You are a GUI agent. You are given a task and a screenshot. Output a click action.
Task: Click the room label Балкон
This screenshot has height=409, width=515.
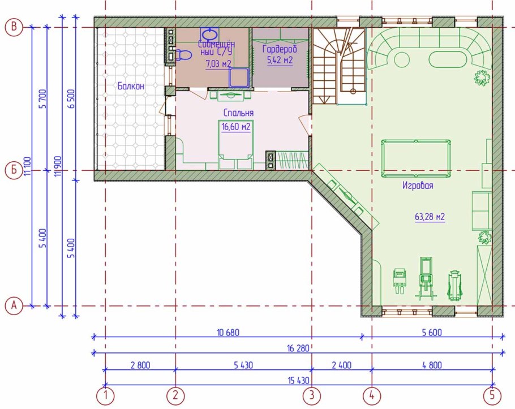point(131,87)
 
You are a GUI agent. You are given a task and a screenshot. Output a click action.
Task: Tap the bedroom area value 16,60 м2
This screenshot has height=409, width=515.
point(236,127)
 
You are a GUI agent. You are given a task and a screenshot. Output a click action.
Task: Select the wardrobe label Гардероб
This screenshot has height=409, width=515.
point(280,49)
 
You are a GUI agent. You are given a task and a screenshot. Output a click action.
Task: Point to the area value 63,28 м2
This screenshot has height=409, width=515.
point(430,217)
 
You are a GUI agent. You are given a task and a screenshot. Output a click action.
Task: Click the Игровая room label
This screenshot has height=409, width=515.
point(418,186)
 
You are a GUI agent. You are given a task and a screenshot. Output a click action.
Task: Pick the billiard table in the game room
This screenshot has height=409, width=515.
point(416,158)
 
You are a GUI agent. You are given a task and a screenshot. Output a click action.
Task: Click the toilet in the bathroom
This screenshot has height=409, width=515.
point(183,55)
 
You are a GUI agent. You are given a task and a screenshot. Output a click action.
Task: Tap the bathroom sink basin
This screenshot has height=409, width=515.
point(209,33)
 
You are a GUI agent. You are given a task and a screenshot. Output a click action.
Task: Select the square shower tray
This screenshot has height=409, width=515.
point(239,78)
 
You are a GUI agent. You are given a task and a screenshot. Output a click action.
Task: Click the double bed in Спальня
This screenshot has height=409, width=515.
point(236,144)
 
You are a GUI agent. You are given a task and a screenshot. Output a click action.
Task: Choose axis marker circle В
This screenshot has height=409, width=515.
point(14,27)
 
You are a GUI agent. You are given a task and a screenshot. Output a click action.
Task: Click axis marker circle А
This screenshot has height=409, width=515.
point(14,306)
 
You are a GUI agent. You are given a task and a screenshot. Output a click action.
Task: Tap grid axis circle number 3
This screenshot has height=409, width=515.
point(311,395)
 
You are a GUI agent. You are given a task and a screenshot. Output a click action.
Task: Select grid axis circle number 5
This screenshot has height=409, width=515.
point(492,395)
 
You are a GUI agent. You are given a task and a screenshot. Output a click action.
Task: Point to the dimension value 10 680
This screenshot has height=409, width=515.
point(228,333)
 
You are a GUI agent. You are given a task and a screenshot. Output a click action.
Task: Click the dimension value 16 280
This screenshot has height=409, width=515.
point(298,348)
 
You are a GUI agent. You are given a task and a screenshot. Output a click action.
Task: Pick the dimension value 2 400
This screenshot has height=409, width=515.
point(342,365)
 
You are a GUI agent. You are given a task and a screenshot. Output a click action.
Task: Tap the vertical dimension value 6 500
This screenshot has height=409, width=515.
point(72,98)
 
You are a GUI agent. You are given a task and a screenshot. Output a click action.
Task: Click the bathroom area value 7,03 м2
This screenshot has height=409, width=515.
point(218,64)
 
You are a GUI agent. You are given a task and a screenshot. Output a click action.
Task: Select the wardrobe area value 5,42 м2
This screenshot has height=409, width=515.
point(280,61)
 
